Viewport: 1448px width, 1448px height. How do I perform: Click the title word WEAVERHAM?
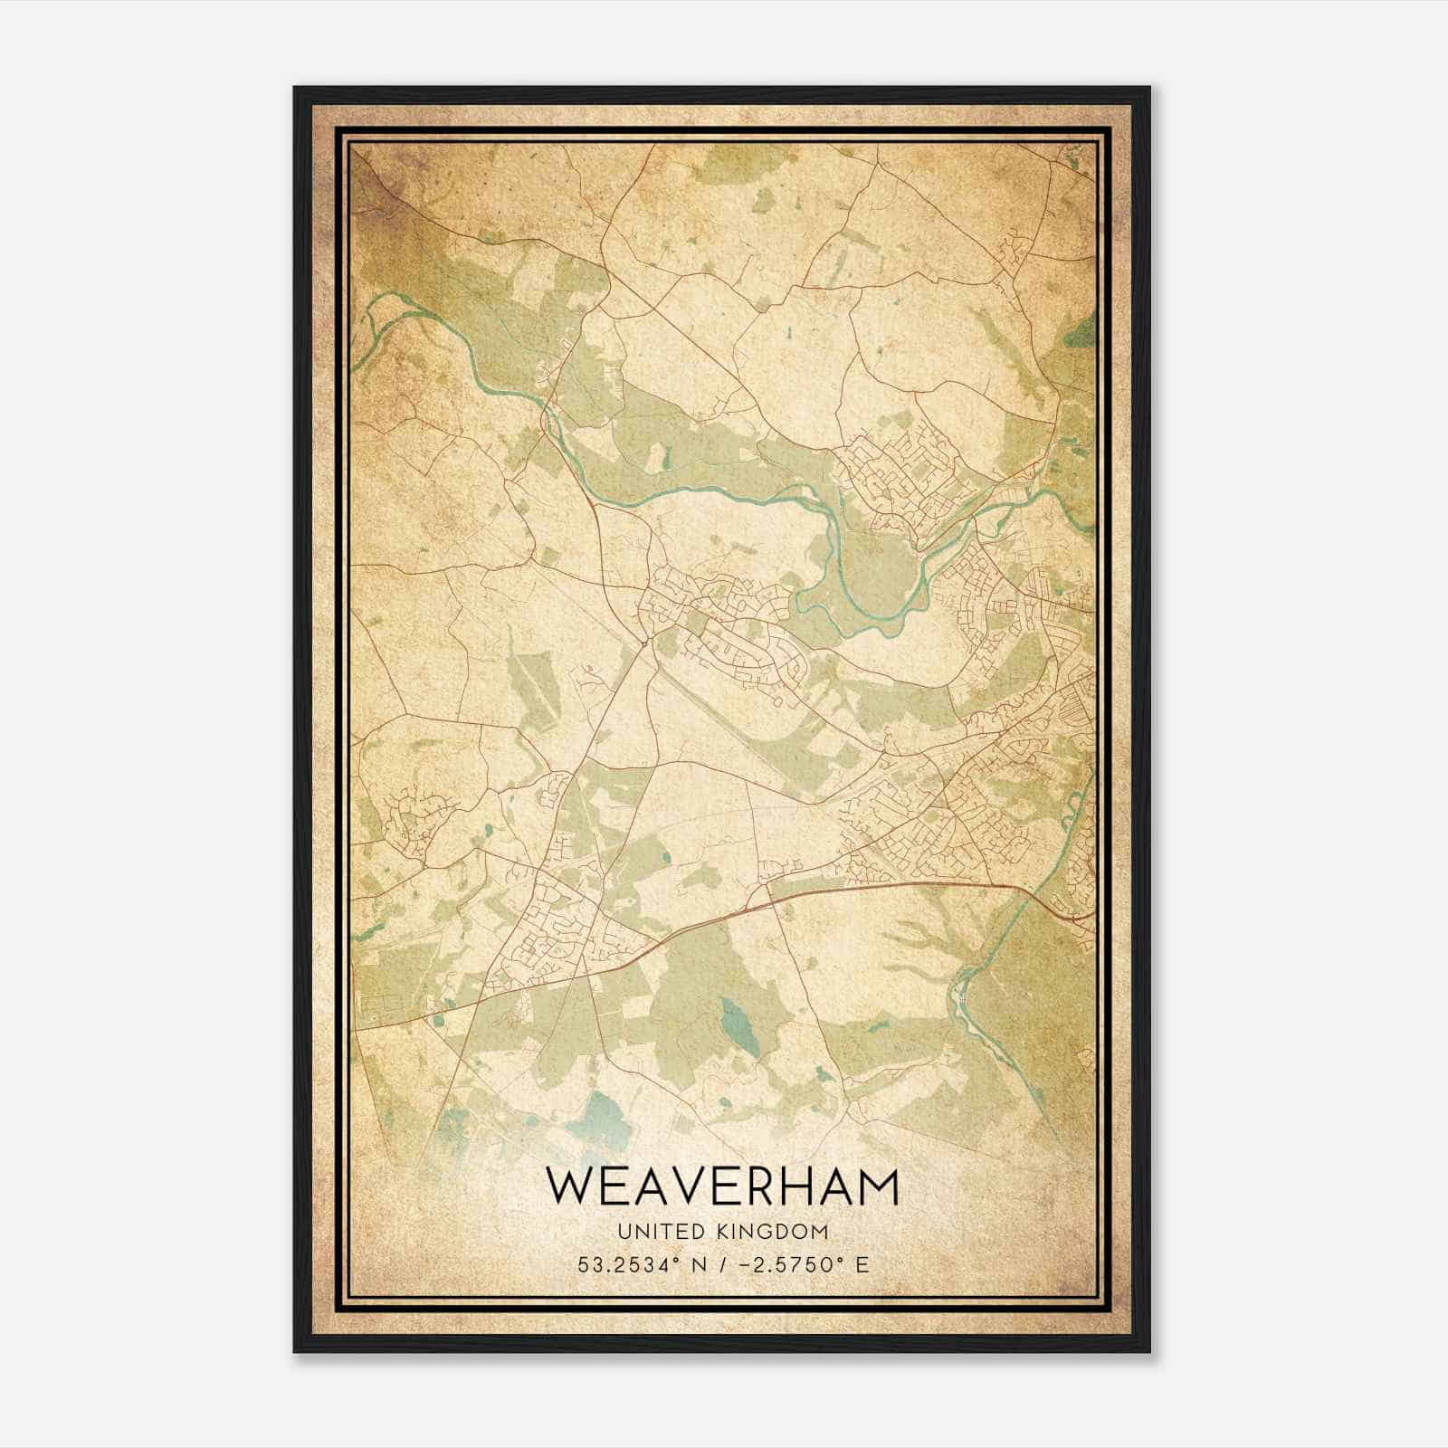723,1188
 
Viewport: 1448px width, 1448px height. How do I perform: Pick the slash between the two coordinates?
722,1264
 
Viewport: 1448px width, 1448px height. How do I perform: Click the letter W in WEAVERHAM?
569,1188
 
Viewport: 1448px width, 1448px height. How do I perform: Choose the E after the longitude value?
862,1264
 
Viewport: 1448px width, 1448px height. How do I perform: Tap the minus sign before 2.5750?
742,1264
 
